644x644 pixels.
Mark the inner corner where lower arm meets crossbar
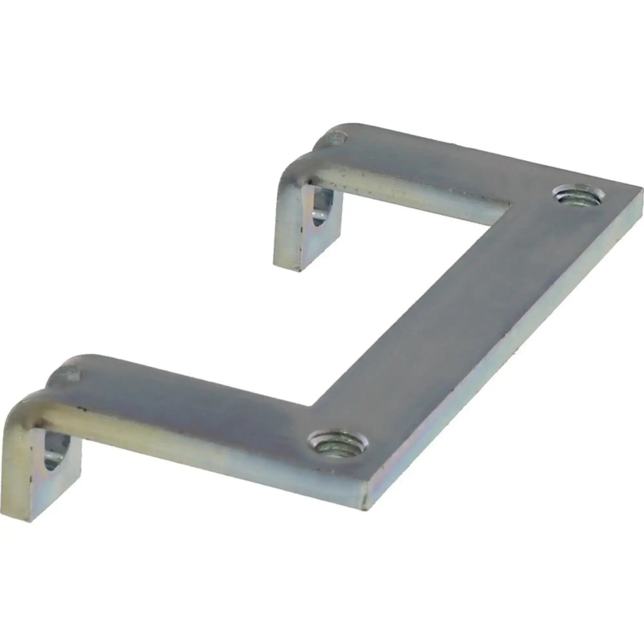pos(312,406)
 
